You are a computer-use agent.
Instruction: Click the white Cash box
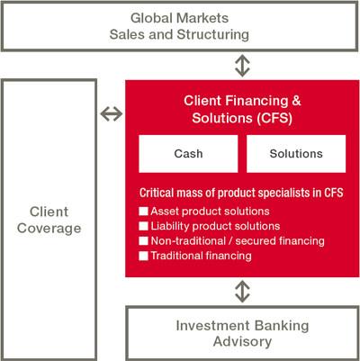pyautogui.click(x=188, y=154)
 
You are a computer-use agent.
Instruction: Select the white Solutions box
pyautogui.click(x=296, y=154)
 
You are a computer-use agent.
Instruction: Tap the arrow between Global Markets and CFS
pyautogui.click(x=242, y=66)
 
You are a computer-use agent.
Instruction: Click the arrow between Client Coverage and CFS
pyautogui.click(x=112, y=114)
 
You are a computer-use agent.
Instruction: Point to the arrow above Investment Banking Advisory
pyautogui.click(x=242, y=292)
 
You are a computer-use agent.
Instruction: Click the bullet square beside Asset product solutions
pyautogui.click(x=143, y=212)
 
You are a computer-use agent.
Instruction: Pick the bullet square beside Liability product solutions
pyautogui.click(x=143, y=226)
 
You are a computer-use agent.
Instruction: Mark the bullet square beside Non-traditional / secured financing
pyautogui.click(x=143, y=241)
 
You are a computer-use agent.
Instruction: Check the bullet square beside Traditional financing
pyautogui.click(x=143, y=256)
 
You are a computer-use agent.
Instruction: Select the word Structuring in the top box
pyautogui.click(x=213, y=34)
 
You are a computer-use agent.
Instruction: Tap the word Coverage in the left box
pyautogui.click(x=49, y=229)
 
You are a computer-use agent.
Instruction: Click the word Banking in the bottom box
pyautogui.click(x=281, y=326)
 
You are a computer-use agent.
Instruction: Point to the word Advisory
pyautogui.click(x=242, y=342)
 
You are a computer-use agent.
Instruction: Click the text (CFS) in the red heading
pyautogui.click(x=274, y=118)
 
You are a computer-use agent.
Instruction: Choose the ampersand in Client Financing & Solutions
pyautogui.click(x=296, y=101)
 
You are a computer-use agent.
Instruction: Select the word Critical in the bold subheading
pyautogui.click(x=157, y=193)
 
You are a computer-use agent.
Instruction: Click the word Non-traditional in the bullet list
pyautogui.click(x=188, y=241)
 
